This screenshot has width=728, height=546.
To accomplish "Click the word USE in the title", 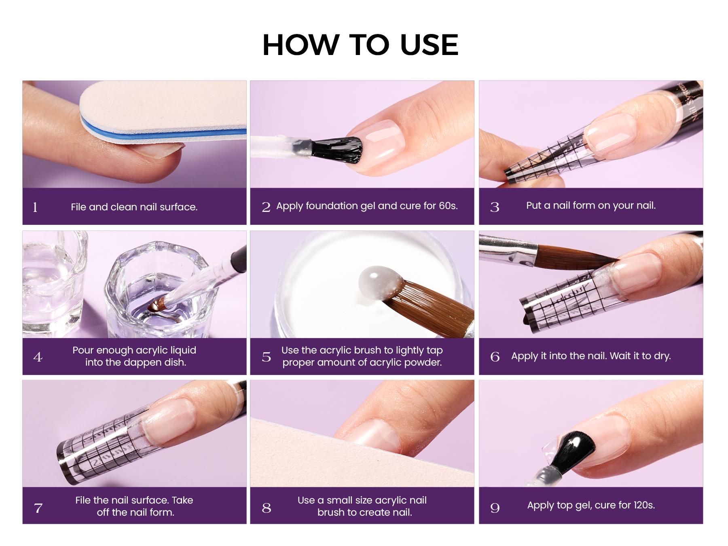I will coord(429,45).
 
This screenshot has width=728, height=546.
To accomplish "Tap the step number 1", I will coord(35,207).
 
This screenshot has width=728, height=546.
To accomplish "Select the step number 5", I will coord(266,357).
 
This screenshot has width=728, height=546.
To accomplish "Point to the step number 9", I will coord(495,508).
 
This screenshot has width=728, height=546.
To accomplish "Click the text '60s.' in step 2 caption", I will coord(448,206).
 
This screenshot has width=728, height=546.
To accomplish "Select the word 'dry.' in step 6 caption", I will coord(660,356).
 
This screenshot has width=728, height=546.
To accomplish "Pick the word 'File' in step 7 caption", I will coord(84,500).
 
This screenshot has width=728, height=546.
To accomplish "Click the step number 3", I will coord(495,207).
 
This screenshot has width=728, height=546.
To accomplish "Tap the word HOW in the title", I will coord(300,45).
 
